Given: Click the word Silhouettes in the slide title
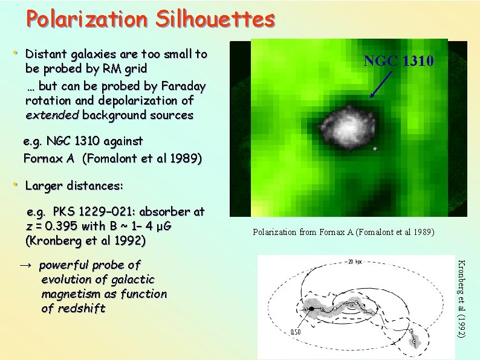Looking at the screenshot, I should pyautogui.click(x=215, y=19).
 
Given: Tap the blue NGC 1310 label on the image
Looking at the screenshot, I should pyautogui.click(x=398, y=61).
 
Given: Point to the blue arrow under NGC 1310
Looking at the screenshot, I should pyautogui.click(x=381, y=85).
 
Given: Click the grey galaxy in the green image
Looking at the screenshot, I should pyautogui.click(x=348, y=124).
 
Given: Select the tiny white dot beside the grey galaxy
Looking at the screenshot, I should pyautogui.click(x=375, y=148).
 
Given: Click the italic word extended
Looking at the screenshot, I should pyautogui.click(x=53, y=115).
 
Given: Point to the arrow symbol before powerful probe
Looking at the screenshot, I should pyautogui.click(x=30, y=265).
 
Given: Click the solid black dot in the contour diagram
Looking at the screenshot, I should pyautogui.click(x=312, y=309).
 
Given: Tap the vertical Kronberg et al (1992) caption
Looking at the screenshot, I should pyautogui.click(x=461, y=299).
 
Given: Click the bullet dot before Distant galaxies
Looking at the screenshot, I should pyautogui.click(x=16, y=54).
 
